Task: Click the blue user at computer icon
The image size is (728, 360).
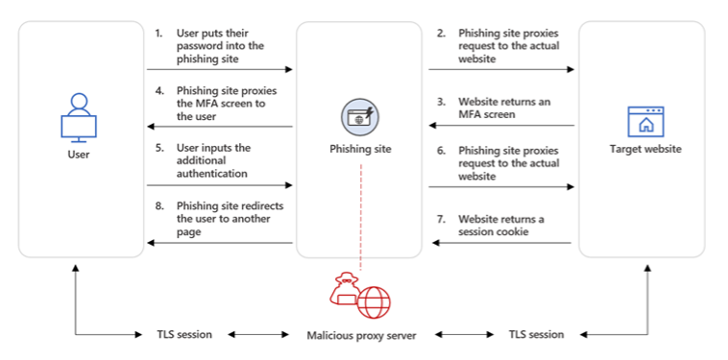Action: [80, 116]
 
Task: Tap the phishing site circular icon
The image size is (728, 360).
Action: [360, 117]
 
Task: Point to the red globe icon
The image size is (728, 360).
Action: [375, 302]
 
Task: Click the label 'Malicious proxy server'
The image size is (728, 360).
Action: [361, 335]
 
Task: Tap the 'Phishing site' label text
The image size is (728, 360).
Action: [361, 149]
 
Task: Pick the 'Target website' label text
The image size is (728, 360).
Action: [644, 149]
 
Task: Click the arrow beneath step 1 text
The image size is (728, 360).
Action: [219, 69]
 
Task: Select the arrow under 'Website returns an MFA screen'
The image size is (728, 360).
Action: [501, 126]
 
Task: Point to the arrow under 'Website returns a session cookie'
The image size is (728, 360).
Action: [501, 244]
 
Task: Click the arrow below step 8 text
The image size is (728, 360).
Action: [219, 244]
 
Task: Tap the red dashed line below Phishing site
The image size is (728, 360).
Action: [361, 211]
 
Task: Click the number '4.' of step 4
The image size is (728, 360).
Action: [159, 90]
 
